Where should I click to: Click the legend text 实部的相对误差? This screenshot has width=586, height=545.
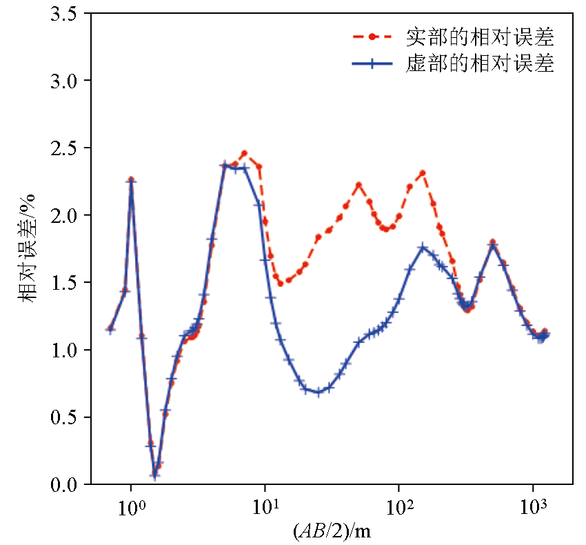(x=480, y=36)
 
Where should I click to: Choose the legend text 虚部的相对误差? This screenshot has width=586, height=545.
(x=480, y=64)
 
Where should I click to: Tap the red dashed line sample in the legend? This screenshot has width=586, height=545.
(x=372, y=36)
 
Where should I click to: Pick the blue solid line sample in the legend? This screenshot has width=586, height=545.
(x=372, y=64)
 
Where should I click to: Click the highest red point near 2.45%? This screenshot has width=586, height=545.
(x=244, y=154)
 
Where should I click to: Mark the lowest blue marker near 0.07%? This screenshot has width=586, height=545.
(x=155, y=475)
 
